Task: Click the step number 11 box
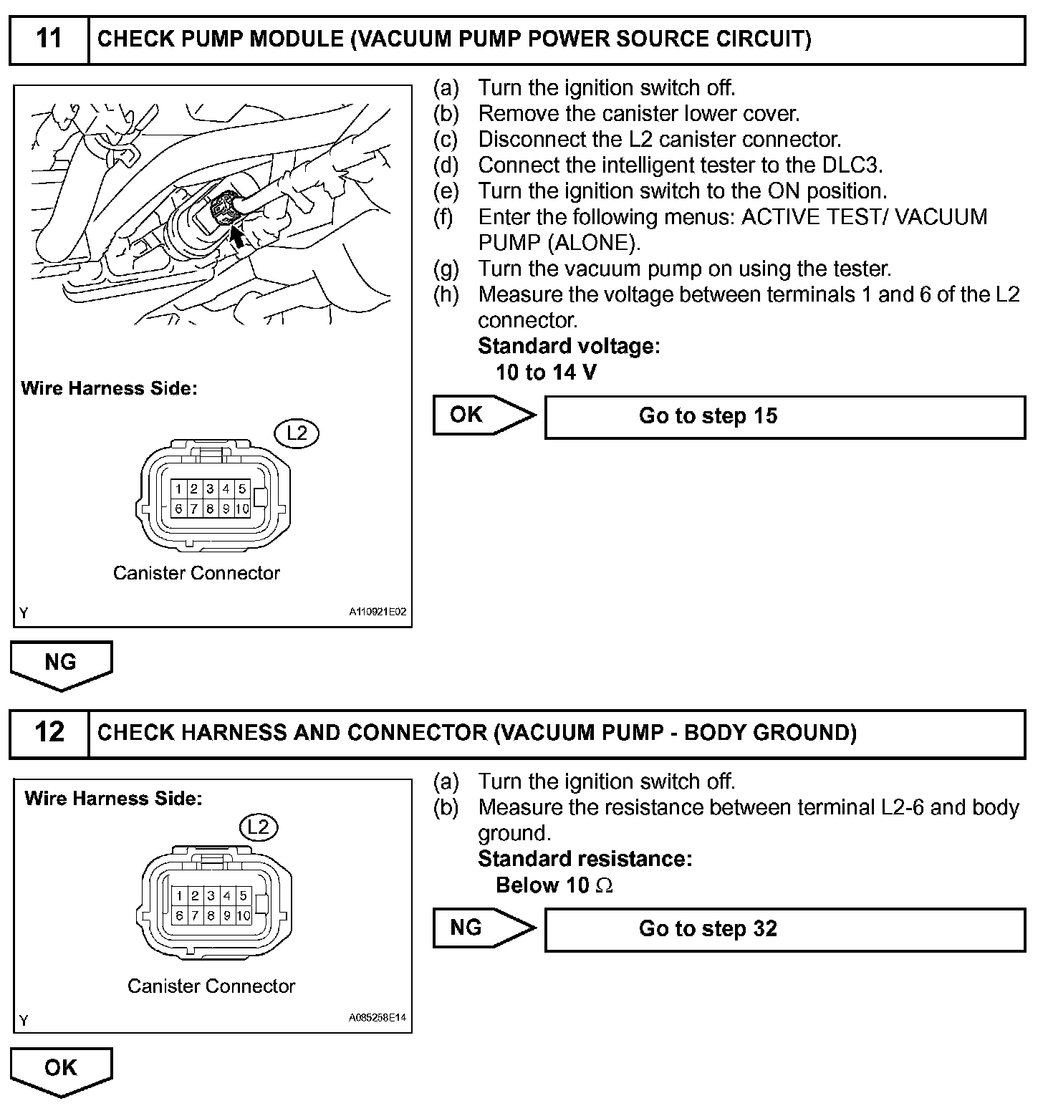(x=49, y=39)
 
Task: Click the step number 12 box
(x=49, y=733)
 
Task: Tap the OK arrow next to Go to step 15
(x=484, y=415)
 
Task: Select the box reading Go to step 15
(x=785, y=417)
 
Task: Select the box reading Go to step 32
(x=785, y=930)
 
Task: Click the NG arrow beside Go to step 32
(x=484, y=928)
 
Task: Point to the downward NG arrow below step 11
(x=61, y=664)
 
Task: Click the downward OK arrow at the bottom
(x=61, y=1070)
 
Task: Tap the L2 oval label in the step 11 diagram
(x=297, y=433)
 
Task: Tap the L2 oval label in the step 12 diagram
(x=258, y=827)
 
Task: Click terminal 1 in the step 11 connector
(x=178, y=489)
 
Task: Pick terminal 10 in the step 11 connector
(x=242, y=509)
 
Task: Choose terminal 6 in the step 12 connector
(x=179, y=915)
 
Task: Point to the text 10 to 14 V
(x=546, y=372)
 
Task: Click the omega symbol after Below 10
(x=604, y=886)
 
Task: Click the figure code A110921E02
(x=378, y=612)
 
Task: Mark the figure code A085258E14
(x=378, y=1018)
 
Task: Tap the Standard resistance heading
(x=585, y=859)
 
